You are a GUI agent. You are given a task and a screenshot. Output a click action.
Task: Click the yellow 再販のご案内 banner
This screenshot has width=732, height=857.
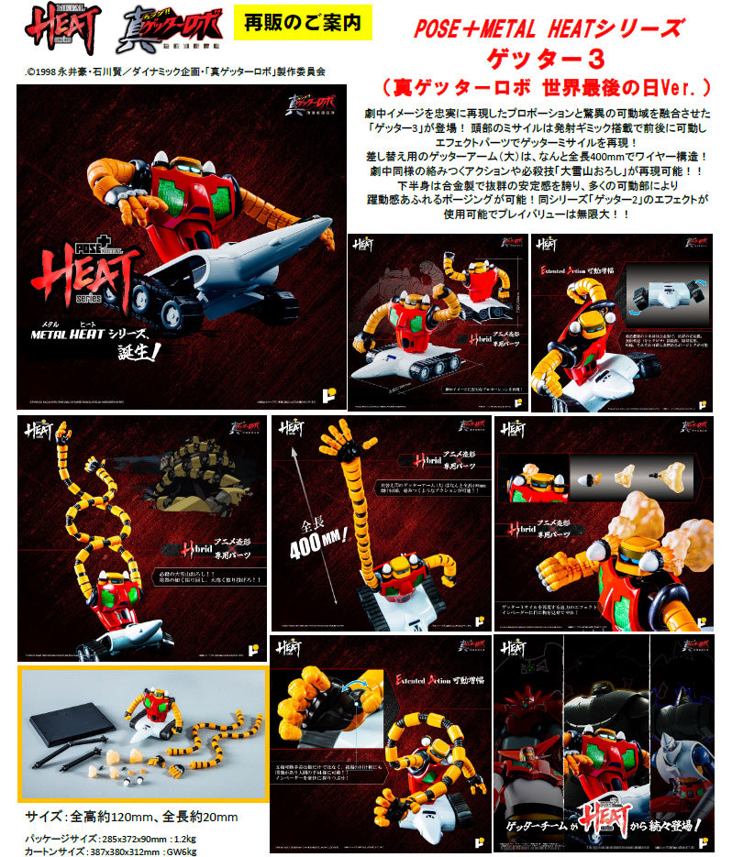[x=305, y=22]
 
